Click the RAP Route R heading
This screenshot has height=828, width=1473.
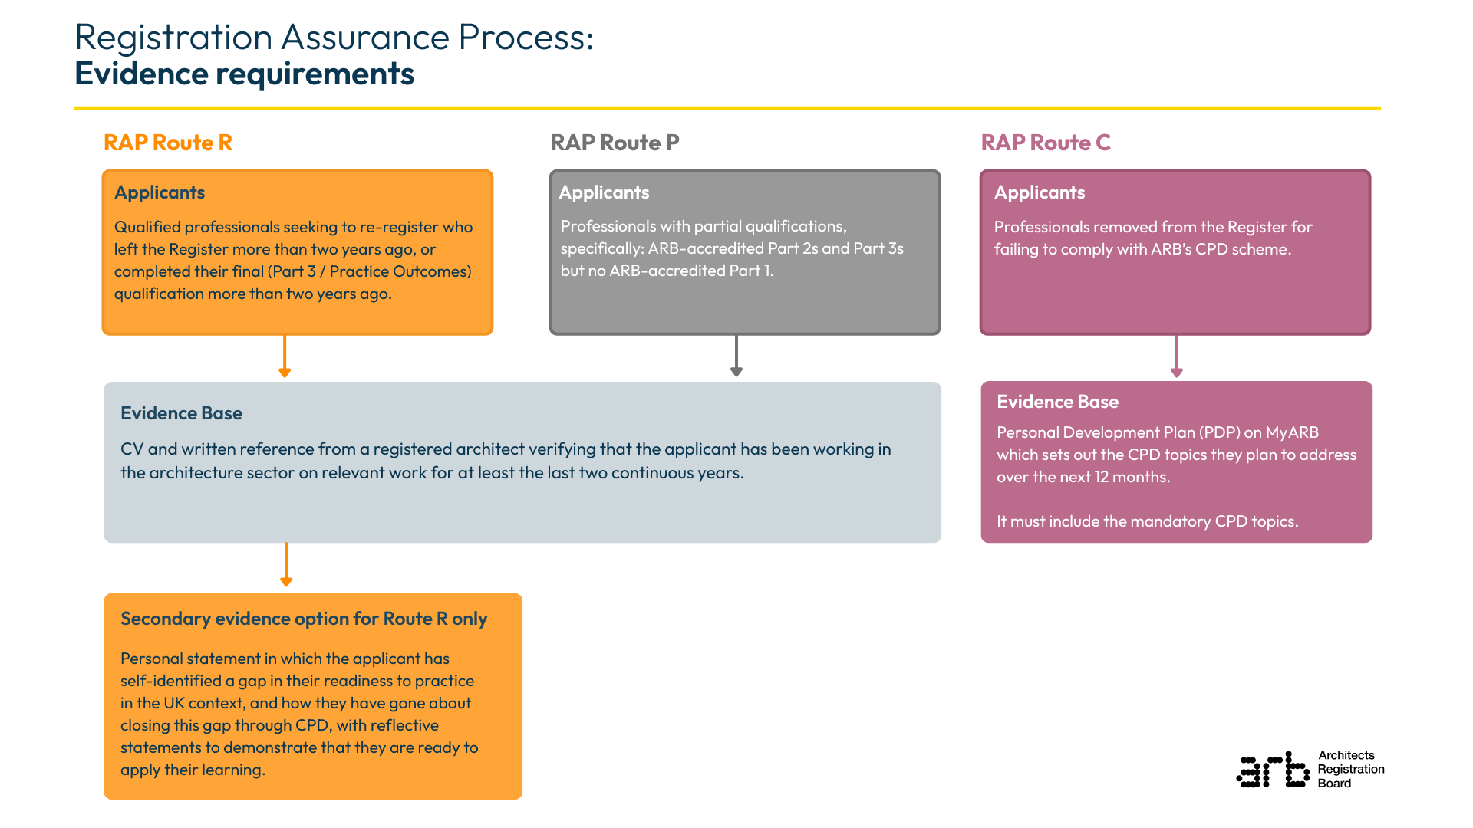(167, 143)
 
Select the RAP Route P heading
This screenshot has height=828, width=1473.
(615, 143)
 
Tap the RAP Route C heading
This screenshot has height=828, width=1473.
(1045, 143)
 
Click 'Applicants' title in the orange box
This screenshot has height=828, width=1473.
(160, 192)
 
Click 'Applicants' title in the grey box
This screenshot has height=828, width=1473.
(604, 192)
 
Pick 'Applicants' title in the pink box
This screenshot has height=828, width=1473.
(1040, 192)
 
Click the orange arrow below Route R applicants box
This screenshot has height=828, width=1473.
(285, 356)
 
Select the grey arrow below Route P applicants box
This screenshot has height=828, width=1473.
(736, 356)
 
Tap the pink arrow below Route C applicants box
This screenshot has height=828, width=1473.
(1177, 356)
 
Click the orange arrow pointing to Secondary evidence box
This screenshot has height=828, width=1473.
(286, 566)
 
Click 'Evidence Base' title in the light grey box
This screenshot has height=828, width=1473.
(181, 413)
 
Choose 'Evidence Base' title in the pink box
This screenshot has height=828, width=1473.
(1057, 402)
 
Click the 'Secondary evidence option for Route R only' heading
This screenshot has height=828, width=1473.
(304, 619)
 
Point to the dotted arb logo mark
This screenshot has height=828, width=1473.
(1273, 770)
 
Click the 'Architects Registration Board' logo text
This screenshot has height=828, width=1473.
(1350, 769)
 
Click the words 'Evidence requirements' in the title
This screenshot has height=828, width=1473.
(244, 74)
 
